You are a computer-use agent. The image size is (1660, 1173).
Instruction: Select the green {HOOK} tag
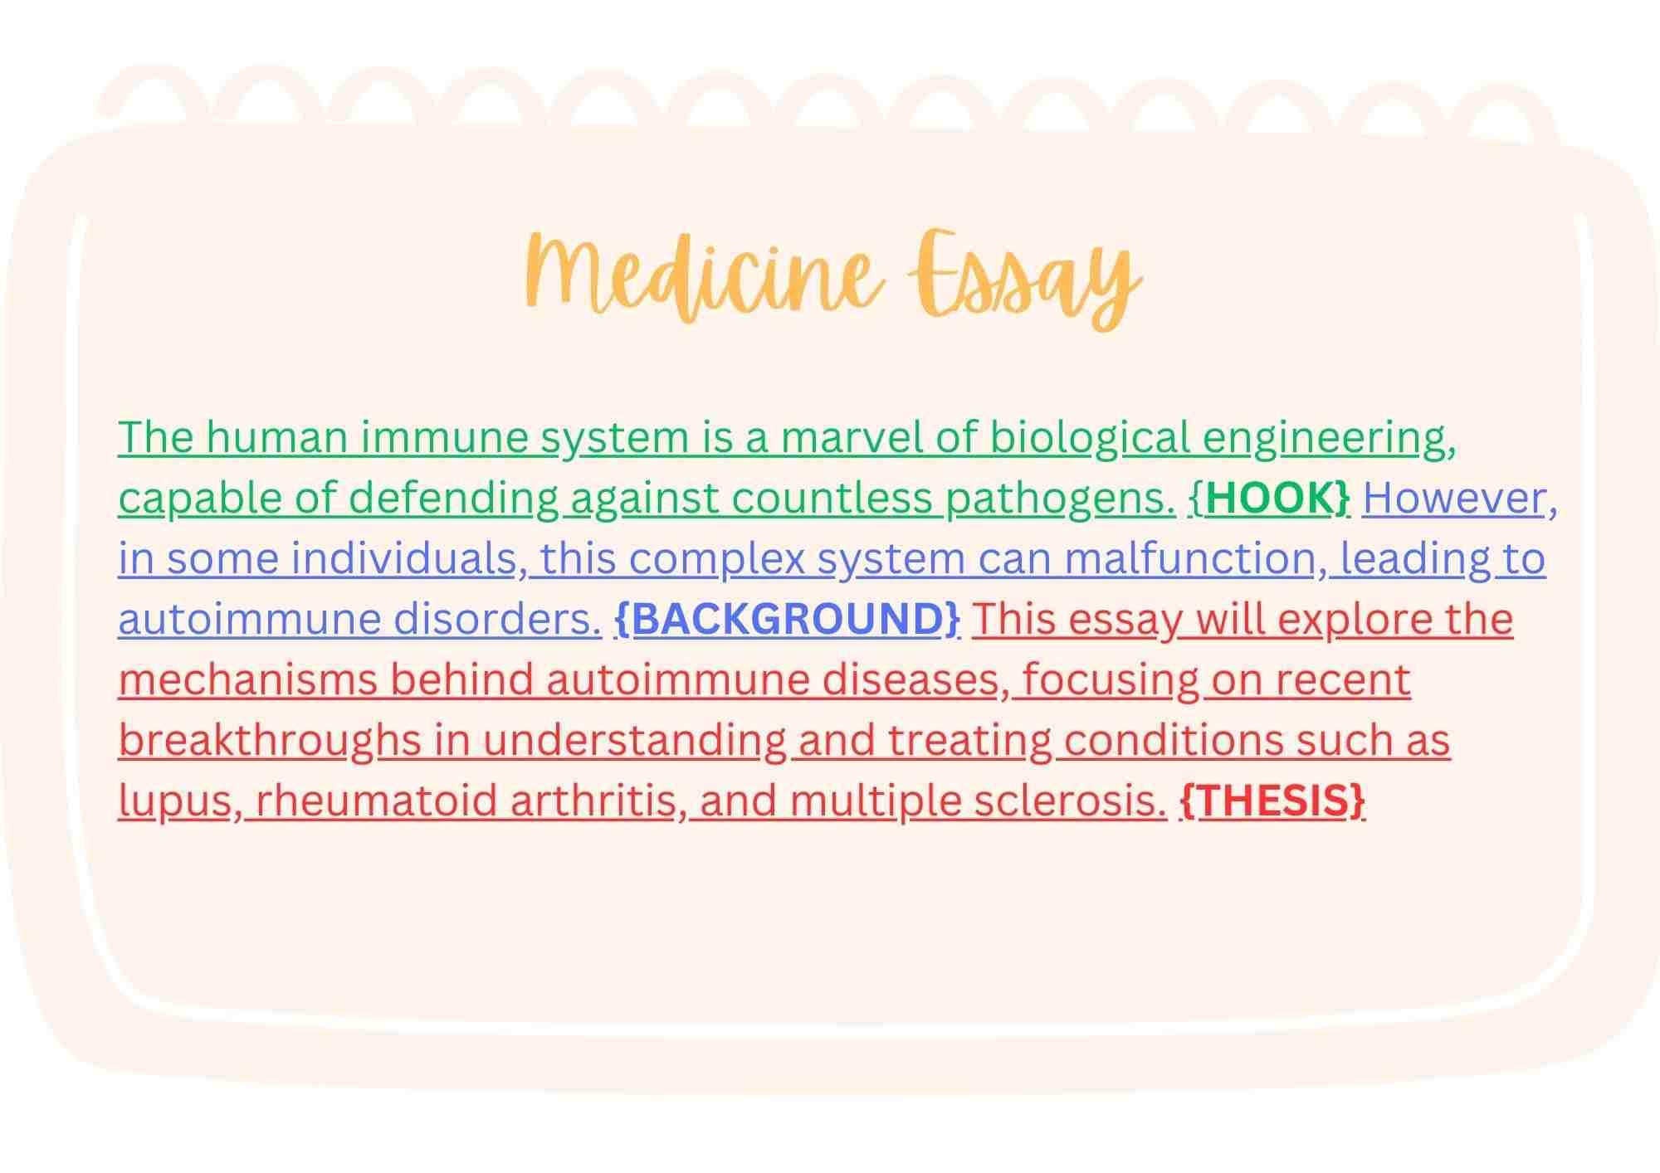(1270, 498)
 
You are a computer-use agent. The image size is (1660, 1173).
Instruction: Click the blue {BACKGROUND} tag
(787, 619)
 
